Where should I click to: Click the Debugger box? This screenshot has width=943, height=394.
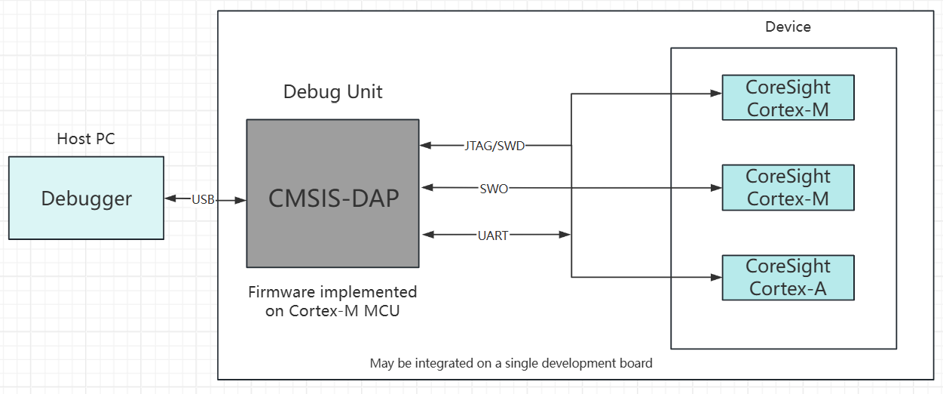(86, 198)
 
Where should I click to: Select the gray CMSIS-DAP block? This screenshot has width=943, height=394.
(332, 193)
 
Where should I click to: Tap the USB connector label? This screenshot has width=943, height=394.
(203, 199)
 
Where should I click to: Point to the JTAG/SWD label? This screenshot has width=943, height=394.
(494, 146)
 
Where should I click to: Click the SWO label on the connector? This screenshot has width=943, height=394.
(494, 189)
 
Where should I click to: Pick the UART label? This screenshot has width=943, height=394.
(493, 235)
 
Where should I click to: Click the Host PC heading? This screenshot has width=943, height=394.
(86, 139)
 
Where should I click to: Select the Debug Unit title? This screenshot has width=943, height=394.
(332, 92)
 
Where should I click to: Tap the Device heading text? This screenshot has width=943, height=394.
(788, 27)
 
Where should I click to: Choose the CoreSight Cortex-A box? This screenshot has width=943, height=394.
(788, 278)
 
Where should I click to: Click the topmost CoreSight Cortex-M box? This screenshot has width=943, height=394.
(788, 98)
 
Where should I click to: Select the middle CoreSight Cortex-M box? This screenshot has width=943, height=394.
(788, 187)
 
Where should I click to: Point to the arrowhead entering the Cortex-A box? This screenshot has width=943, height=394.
(717, 277)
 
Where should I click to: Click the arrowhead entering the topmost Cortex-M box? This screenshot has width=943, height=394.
(717, 93)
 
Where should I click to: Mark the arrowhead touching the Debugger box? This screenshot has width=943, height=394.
(170, 198)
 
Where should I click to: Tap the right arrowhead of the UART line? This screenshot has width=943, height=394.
(565, 235)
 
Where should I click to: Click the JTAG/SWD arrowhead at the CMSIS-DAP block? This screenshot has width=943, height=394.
(426, 146)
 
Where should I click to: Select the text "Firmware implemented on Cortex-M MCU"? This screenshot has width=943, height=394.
(332, 301)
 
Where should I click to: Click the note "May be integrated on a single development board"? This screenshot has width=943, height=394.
(511, 363)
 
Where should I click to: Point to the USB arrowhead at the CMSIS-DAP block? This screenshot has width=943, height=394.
(240, 201)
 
